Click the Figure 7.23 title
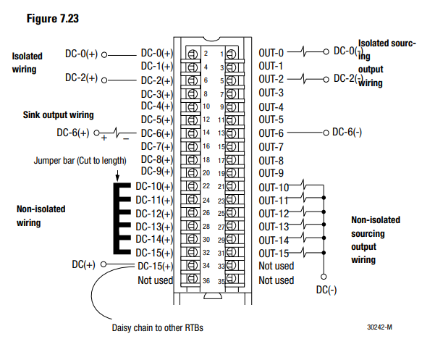tap(53, 19)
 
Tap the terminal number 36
tap(206, 281)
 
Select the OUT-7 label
tap(271, 147)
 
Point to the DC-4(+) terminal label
tap(157, 106)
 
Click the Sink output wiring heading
tap(59, 115)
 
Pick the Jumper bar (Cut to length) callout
tap(80, 161)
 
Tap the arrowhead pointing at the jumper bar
tap(117, 178)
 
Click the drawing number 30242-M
tap(379, 327)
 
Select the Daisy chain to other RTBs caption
tap(158, 327)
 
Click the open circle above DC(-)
tap(324, 277)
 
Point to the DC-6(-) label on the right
tap(347, 133)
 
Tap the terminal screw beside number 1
tap(231, 54)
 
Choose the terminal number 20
tap(206, 173)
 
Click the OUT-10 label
tap(274, 188)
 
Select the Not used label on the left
tap(156, 280)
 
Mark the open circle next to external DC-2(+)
tap(104, 80)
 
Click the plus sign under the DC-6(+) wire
tap(104, 138)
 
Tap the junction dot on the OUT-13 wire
tap(324, 225)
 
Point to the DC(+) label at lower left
tap(83, 264)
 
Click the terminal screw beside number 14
tap(192, 133)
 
